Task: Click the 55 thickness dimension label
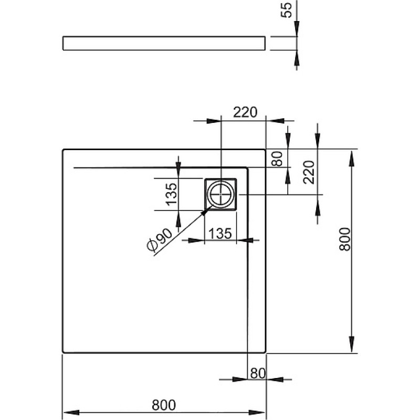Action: coord(286,10)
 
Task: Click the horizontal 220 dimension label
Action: coord(245,112)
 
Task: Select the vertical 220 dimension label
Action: coord(309,172)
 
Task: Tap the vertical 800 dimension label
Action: coord(344,239)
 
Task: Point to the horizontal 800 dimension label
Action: coord(164,405)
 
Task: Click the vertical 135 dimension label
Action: coord(172,194)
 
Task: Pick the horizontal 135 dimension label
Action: coord(220,234)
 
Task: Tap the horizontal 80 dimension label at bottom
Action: coord(258,373)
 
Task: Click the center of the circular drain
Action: coord(220,194)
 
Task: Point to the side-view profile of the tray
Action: coord(164,43)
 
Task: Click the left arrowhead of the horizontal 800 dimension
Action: coord(71,412)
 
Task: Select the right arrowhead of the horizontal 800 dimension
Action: coord(257,412)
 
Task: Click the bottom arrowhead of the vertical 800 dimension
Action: coord(352,344)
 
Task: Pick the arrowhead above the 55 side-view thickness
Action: coord(297,28)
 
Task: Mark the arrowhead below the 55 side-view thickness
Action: coord(297,58)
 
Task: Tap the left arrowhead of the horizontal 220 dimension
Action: coord(214,121)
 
